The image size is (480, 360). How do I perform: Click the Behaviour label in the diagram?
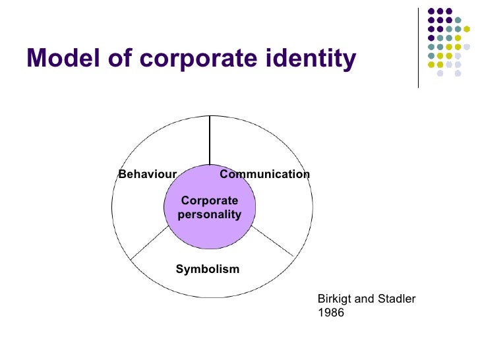coord(147,174)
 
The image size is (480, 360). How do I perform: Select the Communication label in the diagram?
coord(264,174)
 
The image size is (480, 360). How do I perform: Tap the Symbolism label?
coord(207,269)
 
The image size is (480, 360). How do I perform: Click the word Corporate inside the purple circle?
coord(209,201)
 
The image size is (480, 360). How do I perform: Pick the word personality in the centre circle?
coord(209,215)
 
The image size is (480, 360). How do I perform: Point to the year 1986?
coord(330,313)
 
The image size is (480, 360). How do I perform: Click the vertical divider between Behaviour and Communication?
coord(210,140)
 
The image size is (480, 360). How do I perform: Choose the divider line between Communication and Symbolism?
coord(272,241)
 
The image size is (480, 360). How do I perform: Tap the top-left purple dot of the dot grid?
coord(431,11)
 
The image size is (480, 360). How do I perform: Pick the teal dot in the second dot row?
coord(458,20)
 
